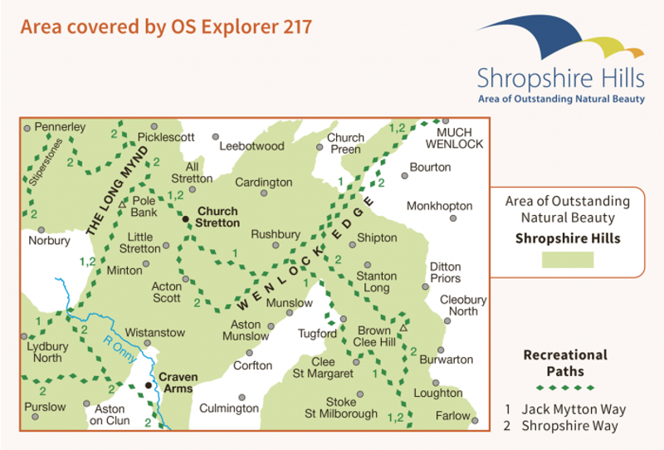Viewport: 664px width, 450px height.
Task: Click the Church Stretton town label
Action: pos(217,217)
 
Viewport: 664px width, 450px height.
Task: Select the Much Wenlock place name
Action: pos(459,138)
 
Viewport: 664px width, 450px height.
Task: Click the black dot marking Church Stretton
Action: pos(186,219)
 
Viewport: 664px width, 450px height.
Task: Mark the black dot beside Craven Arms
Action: pos(149,385)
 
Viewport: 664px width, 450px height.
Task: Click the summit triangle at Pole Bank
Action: pos(123,203)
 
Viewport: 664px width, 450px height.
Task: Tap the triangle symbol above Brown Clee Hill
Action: pos(403,328)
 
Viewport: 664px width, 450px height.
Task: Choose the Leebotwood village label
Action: pos(251,146)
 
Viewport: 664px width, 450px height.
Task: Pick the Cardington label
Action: pos(264,182)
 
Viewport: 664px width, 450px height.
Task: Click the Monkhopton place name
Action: pos(439,206)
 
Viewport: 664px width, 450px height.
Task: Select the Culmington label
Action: pos(229,408)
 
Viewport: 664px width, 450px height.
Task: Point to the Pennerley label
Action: pos(59,127)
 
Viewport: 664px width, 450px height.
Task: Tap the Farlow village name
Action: pos(452,415)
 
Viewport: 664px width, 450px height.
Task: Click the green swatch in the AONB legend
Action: pos(568,260)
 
